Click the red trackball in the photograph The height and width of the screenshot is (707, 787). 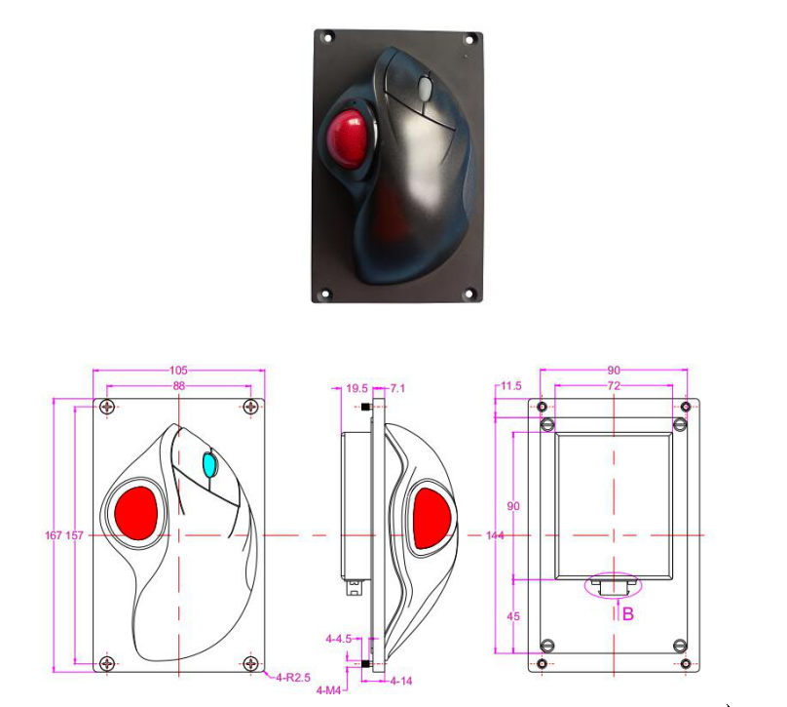pos(350,136)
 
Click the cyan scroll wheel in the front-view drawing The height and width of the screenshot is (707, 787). pos(208,465)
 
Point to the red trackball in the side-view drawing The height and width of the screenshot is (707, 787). pos(431,517)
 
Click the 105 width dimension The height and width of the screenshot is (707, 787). pos(178,371)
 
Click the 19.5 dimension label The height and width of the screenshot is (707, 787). pos(357,388)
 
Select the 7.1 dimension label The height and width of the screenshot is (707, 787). pos(397,388)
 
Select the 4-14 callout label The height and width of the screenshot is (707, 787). pos(401,679)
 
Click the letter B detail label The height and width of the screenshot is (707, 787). pos(628,613)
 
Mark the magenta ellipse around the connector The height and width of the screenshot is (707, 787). pos(615,585)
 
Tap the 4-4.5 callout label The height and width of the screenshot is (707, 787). pos(339,639)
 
